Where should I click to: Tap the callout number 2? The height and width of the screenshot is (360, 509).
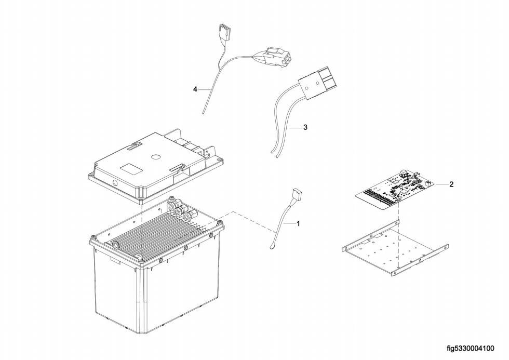[x=451, y=184]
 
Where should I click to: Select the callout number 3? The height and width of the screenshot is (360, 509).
[x=305, y=127]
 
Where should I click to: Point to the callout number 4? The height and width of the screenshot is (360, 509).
[x=195, y=89]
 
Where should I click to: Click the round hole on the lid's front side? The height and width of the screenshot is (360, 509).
[x=113, y=183]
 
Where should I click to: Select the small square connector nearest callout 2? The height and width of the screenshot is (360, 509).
[x=427, y=183]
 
